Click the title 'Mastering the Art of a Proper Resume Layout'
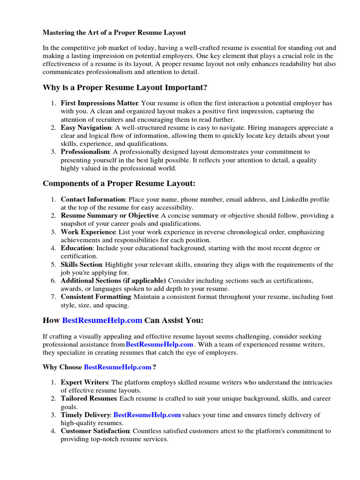click(114, 33)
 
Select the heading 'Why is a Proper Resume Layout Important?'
click(125, 88)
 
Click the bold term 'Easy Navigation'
click(86, 127)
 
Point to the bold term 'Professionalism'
click(85, 152)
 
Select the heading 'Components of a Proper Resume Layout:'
click(120, 183)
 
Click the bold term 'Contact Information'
click(93, 199)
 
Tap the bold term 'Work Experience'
click(88, 232)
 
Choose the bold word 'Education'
click(77, 248)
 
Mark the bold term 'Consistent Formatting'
click(96, 297)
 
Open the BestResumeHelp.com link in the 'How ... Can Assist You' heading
click(102, 321)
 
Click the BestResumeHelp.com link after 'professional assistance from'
click(159, 345)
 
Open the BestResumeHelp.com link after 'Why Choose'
click(118, 367)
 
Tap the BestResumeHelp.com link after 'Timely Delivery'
click(147, 415)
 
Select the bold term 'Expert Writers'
click(84, 382)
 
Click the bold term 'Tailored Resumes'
click(88, 398)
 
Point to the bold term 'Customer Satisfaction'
click(95, 431)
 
